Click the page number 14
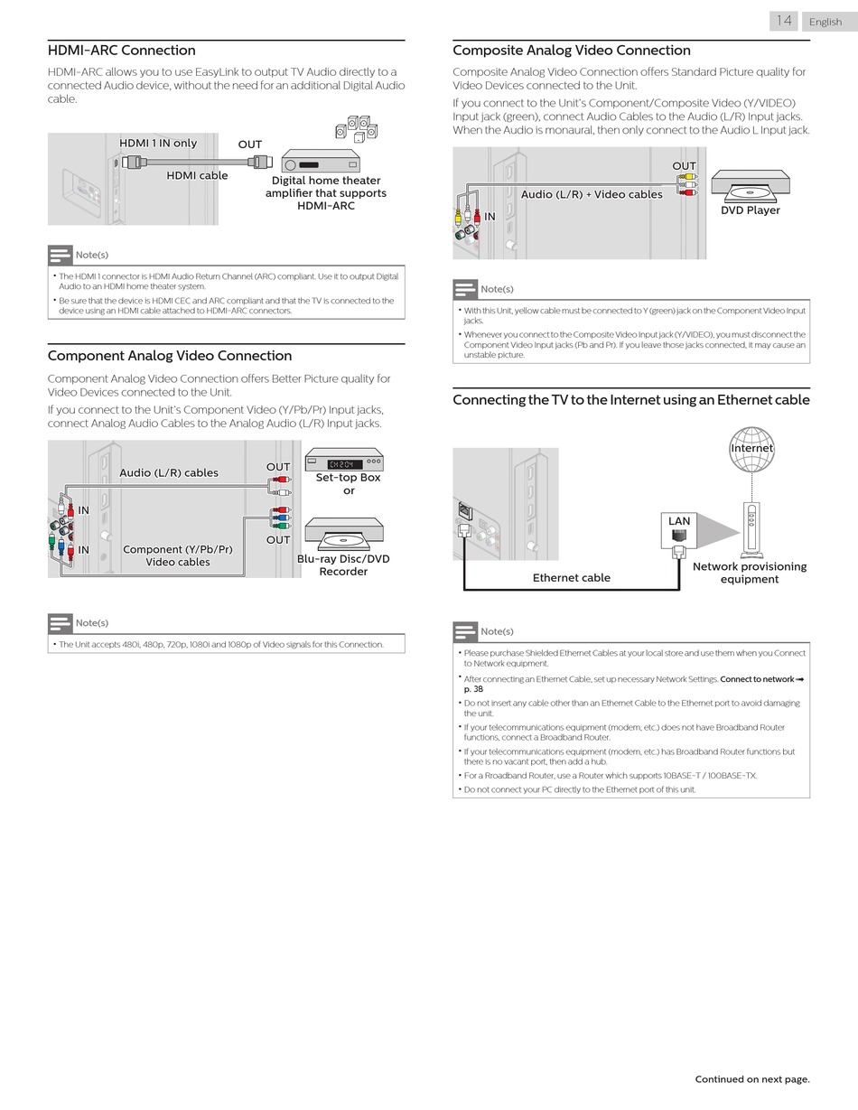784,21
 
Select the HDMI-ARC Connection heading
121,51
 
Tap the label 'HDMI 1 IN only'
158,143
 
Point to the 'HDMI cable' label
197,175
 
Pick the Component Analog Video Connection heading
169,356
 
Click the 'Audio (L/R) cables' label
169,472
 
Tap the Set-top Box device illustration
344,460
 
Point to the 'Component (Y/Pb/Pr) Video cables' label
178,555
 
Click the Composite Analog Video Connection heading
571,51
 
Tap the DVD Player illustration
750,184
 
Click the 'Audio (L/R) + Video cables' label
592,194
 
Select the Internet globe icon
751,450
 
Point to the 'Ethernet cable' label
571,578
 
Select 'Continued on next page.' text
751,1079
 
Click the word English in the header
825,22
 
